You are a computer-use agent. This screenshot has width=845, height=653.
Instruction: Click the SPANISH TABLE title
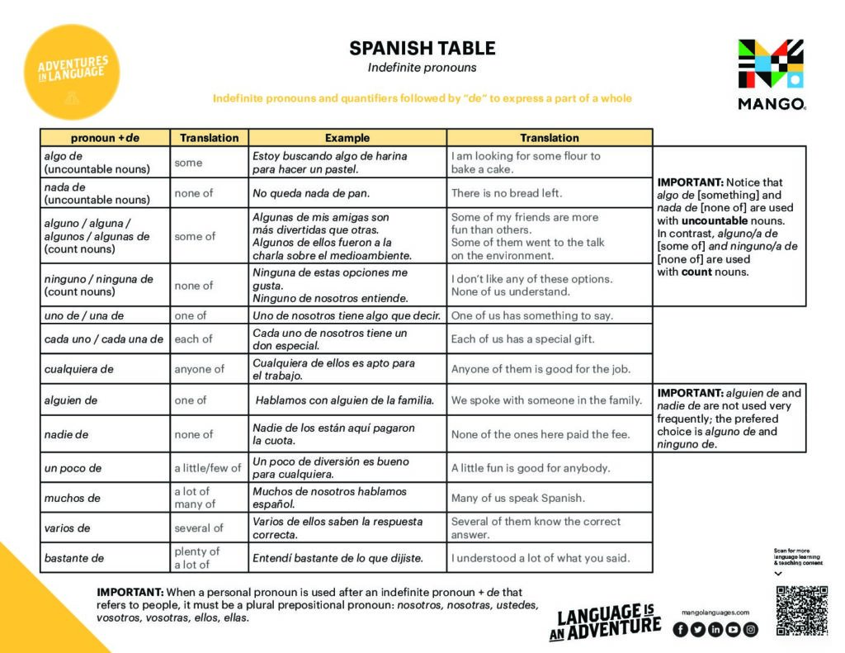pos(422,48)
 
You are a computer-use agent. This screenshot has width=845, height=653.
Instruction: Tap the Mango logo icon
pos(771,64)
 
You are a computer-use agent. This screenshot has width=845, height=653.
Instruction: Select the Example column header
pos(347,138)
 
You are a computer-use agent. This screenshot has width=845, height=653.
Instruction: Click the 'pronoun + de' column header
pos(105,138)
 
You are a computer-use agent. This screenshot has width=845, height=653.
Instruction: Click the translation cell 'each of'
pos(192,338)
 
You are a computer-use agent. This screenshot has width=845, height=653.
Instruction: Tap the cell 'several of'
pos(198,528)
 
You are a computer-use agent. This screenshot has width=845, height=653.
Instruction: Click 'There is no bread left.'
pos(506,193)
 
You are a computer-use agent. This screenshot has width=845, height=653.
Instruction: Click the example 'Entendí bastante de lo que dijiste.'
pos(338,558)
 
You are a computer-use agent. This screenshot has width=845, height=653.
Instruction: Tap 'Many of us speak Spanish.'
pos(517,498)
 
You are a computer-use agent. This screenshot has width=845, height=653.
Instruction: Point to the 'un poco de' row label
pos(73,468)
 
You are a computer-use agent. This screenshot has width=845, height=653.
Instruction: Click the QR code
pos(801,611)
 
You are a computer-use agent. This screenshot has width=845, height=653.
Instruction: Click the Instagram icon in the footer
pos(750,629)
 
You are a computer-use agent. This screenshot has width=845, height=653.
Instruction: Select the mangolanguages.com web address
pos(715,613)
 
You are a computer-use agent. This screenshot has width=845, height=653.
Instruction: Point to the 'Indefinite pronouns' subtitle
pos(422,68)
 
